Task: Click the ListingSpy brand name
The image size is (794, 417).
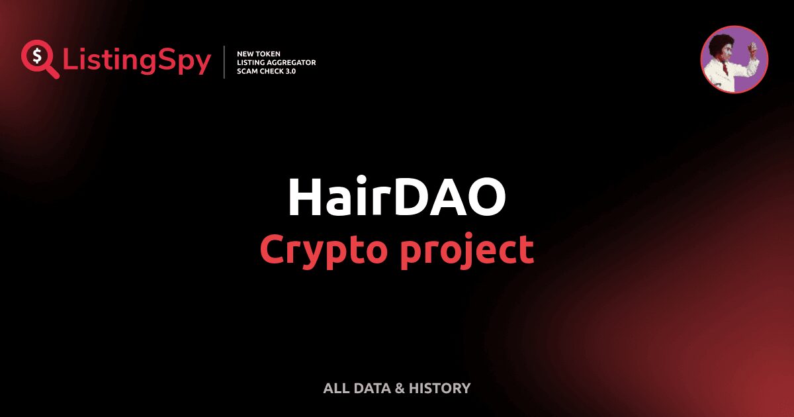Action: (137, 61)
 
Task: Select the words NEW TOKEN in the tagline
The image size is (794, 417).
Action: (259, 53)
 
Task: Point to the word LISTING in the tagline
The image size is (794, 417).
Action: (252, 62)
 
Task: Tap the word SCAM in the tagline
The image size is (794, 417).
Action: (247, 71)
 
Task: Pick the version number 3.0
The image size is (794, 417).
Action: (288, 71)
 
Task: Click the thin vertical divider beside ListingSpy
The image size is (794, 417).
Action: (225, 62)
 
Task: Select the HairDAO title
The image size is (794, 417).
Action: (397, 197)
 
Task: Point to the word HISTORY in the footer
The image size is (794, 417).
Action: (439, 389)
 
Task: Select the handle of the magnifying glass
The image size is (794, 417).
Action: (52, 71)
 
